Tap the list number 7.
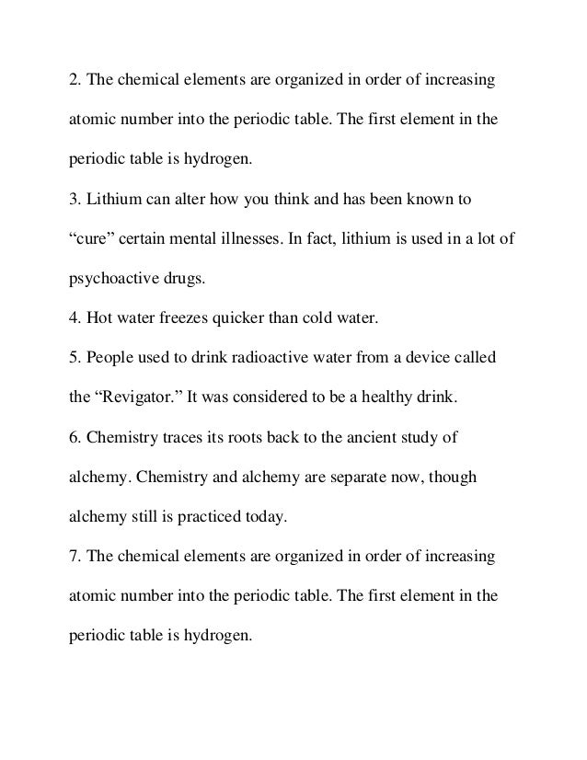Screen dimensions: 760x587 point(75,557)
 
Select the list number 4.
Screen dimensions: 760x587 point(75,318)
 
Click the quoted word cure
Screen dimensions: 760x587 point(96,239)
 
